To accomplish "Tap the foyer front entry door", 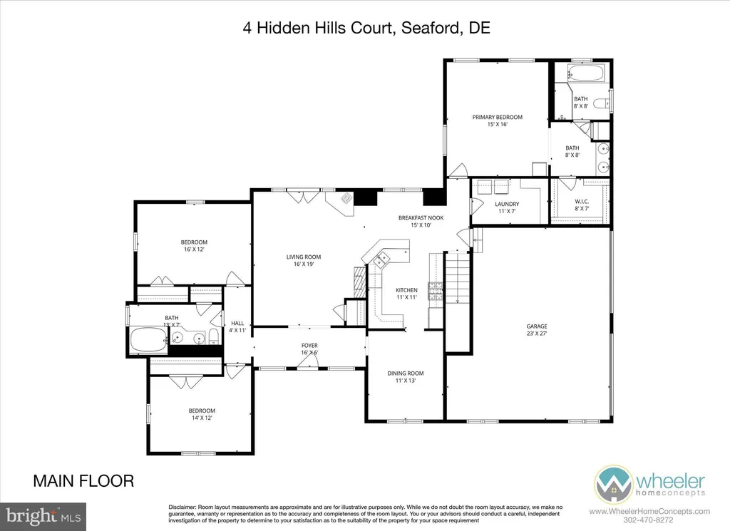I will (307, 364).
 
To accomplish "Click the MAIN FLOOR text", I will (83, 481).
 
